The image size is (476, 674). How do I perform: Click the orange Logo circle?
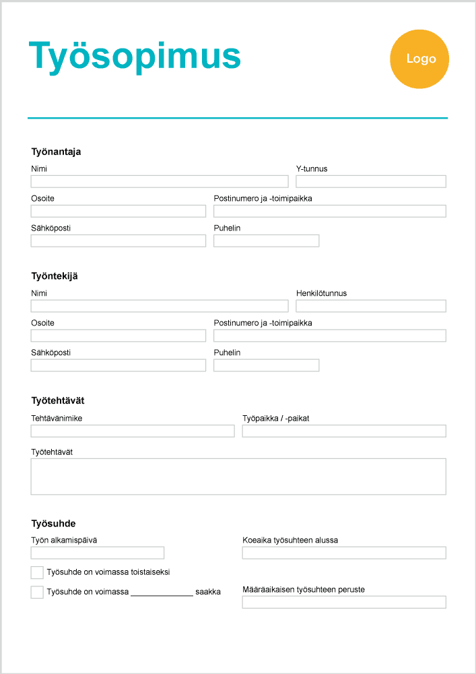[419, 59]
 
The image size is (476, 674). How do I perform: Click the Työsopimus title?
[135, 56]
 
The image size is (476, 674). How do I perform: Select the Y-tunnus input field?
[371, 181]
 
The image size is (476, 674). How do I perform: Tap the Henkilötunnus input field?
[371, 306]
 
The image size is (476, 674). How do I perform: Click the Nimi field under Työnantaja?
[160, 181]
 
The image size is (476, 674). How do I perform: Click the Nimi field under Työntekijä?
[160, 306]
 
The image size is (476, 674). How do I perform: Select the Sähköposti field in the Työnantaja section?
[118, 241]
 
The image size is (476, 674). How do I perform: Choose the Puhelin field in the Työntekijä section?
[267, 365]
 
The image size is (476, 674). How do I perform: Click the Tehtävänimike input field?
[133, 431]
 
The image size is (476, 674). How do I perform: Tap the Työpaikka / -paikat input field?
[344, 431]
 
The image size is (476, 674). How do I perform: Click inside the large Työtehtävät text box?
[238, 477]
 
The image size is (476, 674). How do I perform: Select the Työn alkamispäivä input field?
[98, 553]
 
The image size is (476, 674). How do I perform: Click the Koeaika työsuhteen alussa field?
[344, 553]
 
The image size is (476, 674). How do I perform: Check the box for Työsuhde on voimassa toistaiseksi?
[37, 572]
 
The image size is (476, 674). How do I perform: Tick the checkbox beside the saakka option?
[37, 592]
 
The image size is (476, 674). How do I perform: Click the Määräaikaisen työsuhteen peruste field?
[344, 602]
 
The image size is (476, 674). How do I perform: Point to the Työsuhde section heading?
[53, 524]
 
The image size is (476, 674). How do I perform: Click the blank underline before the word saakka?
[162, 593]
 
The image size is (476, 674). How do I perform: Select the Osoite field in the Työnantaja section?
[118, 211]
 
